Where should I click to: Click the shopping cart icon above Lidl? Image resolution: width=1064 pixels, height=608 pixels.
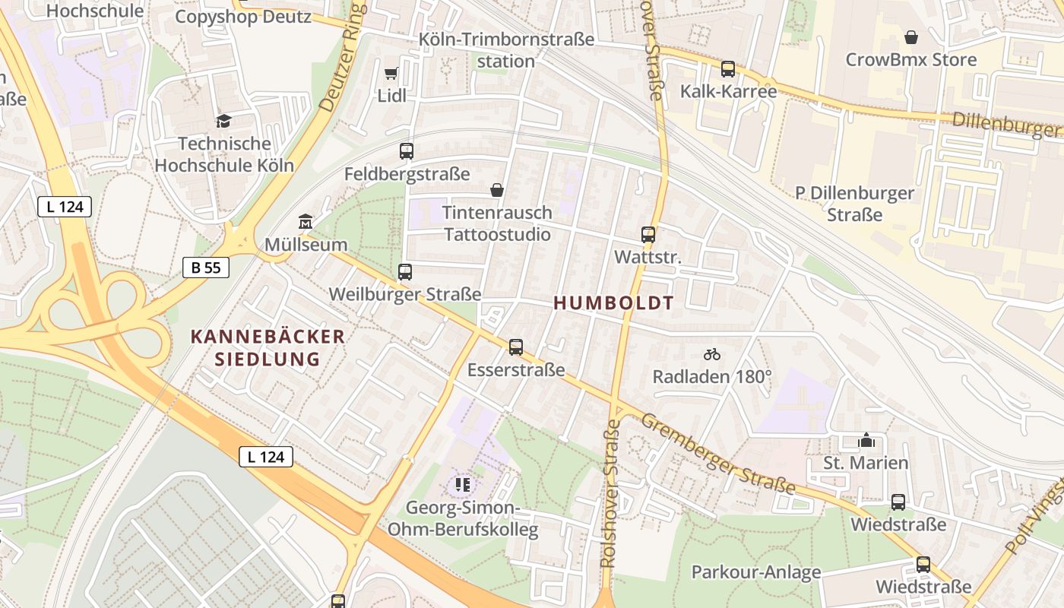391,73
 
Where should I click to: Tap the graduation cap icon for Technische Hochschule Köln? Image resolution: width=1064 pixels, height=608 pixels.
223,121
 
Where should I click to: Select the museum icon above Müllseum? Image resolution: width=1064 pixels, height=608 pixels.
306,222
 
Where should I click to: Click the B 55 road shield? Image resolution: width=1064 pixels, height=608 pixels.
206,267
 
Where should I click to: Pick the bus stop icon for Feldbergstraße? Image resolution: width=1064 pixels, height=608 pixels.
407,151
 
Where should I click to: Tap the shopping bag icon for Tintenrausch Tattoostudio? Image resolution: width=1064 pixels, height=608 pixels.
497,190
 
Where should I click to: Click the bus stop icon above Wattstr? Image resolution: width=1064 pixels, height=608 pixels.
648,235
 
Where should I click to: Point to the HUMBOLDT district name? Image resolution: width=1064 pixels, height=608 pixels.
613,302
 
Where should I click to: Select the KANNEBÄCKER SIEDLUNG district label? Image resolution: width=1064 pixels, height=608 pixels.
268,347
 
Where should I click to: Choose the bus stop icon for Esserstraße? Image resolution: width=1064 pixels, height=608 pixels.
516,347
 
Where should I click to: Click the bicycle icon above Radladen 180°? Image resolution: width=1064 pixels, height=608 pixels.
712,354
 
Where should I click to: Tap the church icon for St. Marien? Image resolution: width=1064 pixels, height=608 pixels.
866,440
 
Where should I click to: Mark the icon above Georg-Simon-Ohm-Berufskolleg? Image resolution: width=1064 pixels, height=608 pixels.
463,484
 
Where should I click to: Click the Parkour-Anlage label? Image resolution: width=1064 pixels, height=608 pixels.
755,572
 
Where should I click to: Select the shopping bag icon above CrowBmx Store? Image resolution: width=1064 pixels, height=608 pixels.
910,36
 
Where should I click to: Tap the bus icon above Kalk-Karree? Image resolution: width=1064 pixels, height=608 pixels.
728,69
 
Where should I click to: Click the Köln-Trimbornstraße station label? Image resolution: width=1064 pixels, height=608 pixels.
506,50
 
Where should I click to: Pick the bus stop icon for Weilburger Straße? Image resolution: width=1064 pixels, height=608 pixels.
405,271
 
